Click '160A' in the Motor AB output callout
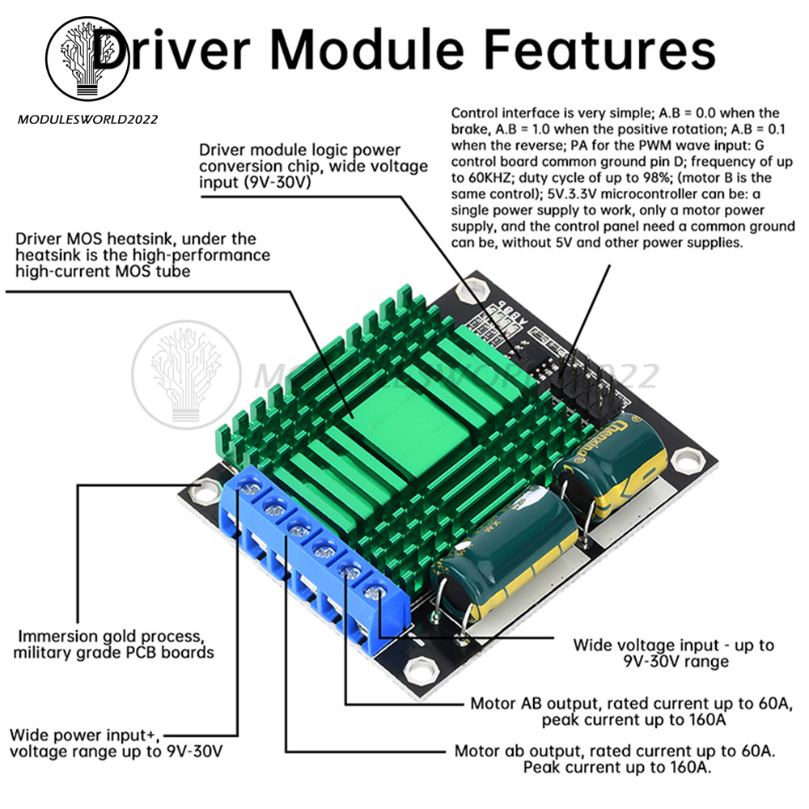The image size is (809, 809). click(x=697, y=719)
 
